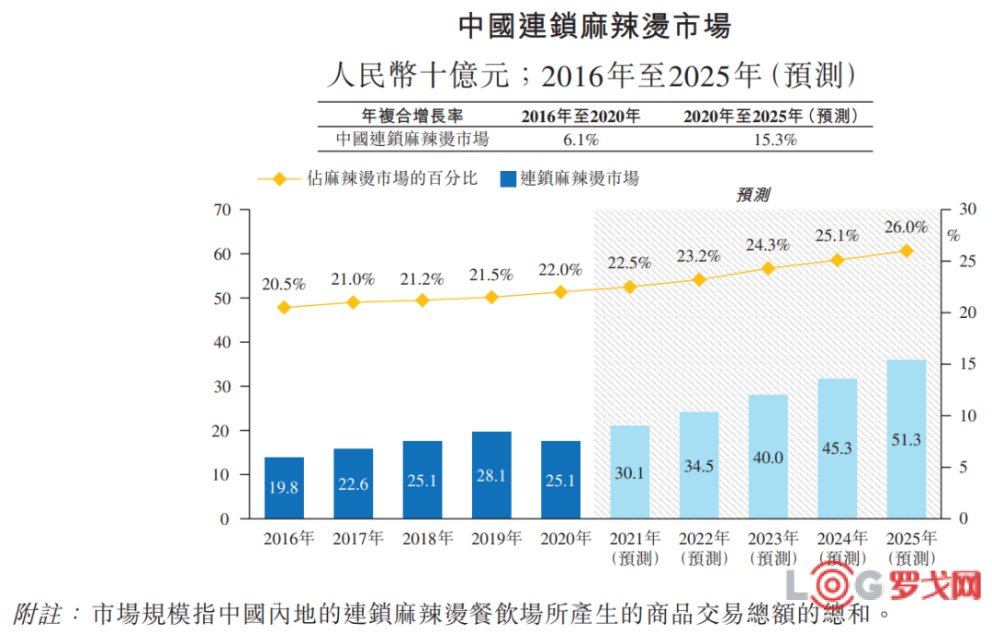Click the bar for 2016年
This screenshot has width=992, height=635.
click(284, 488)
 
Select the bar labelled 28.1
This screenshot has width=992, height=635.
click(491, 475)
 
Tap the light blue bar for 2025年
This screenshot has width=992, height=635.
click(906, 439)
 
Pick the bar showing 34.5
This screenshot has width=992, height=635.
click(699, 465)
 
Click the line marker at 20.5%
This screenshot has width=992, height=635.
click(284, 308)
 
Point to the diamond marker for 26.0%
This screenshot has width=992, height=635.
click(906, 251)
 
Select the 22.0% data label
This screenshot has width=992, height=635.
click(560, 270)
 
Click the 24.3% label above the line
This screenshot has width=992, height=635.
click(768, 245)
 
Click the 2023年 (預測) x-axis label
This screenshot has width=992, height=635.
click(772, 549)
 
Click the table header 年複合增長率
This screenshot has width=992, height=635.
click(412, 116)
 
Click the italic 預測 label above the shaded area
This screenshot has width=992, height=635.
click(752, 196)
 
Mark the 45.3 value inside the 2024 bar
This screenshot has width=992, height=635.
click(837, 448)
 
